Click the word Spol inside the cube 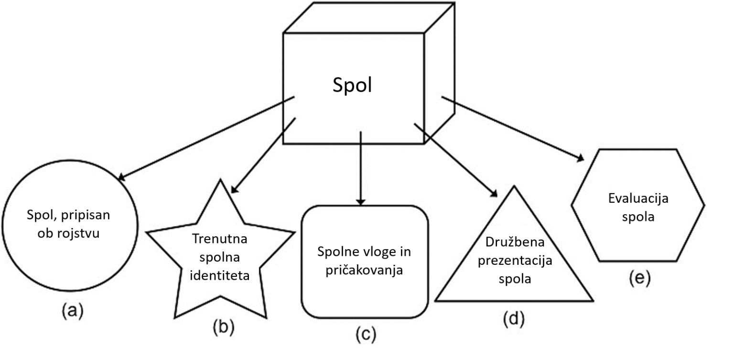click(x=352, y=86)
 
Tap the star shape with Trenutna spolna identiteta click(x=219, y=258)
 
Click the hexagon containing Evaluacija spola click(x=637, y=206)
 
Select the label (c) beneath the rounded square click(x=366, y=334)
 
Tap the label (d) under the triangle click(x=513, y=319)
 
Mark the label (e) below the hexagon click(x=639, y=278)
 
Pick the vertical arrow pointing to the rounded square click(x=361, y=167)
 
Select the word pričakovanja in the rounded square click(x=364, y=270)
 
